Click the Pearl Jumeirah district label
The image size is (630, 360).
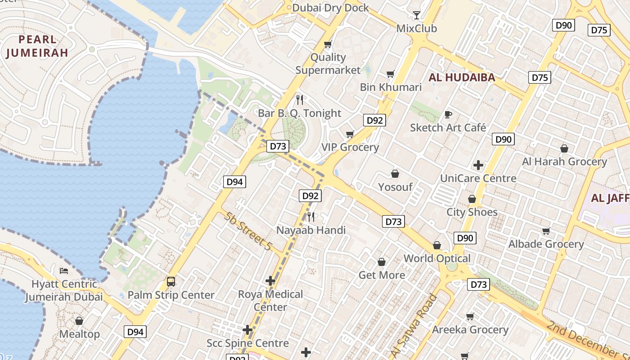37,46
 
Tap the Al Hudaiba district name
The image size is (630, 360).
462,77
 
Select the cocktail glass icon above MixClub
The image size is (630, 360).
417,15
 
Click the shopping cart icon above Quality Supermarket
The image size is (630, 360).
328,45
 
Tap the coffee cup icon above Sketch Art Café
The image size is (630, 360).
448,114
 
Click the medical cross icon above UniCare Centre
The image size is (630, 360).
478,165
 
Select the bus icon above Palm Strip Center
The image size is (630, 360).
171,282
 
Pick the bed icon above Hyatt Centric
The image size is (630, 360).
64,271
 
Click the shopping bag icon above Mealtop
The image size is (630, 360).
79,321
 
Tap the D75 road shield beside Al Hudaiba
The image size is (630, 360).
540,77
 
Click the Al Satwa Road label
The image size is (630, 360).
414,325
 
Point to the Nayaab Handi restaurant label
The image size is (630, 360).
311,230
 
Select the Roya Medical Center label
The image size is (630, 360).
270,301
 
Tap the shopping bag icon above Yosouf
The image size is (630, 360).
395,174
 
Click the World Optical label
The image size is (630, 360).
436,258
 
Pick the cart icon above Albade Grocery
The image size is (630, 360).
546,231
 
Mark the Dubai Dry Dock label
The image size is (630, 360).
330,8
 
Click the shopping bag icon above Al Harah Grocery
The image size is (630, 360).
564,148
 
